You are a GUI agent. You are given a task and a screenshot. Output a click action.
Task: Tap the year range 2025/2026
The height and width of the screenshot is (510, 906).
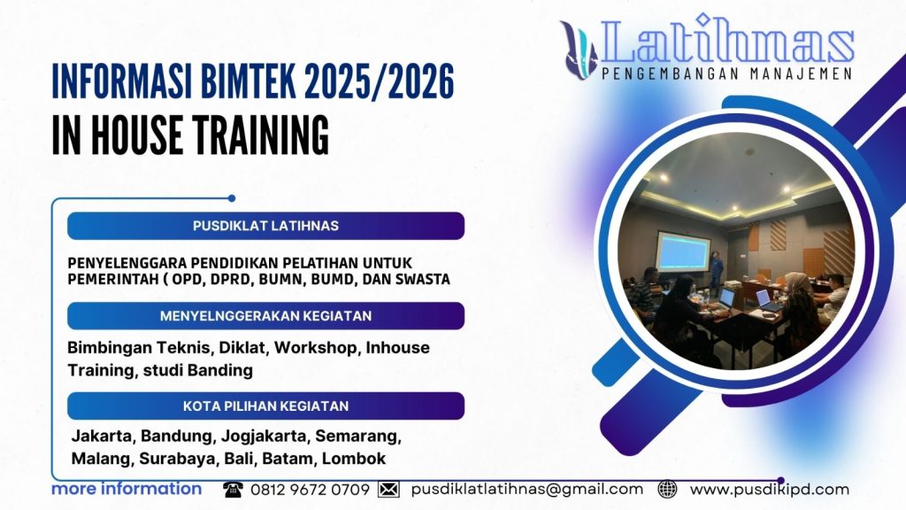[380, 82]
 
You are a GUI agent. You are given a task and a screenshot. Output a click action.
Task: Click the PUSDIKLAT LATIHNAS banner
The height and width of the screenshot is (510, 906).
[265, 226]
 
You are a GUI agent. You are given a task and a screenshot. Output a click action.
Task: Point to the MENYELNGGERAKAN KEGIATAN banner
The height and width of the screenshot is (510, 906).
[265, 316]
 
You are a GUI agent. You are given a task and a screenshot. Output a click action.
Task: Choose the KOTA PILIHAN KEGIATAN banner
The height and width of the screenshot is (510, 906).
[265, 406]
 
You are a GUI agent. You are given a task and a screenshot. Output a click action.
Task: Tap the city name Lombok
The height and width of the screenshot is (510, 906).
[354, 459]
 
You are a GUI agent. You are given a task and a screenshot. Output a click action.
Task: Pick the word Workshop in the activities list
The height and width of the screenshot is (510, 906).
[318, 348]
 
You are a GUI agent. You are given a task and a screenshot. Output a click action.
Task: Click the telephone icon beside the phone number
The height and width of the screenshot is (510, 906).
[233, 490]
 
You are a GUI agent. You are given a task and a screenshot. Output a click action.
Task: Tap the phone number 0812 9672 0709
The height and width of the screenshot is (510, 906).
[310, 490]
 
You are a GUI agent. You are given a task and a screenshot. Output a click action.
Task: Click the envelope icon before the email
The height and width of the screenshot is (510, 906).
[388, 490]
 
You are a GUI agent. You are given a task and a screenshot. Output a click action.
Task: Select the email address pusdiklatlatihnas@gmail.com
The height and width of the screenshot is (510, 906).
[527, 490]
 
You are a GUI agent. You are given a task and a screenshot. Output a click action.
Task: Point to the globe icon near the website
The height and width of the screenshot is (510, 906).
[668, 490]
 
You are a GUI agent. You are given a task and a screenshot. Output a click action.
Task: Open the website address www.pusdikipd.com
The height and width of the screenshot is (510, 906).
[769, 490]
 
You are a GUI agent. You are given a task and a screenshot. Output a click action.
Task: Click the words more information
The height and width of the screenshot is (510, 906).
[127, 489]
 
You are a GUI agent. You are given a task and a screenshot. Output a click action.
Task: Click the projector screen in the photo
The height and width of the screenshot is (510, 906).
[682, 252]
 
